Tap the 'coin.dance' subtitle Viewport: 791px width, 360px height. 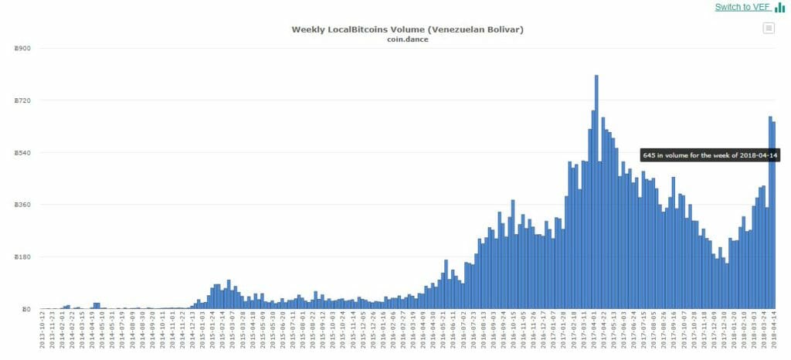tap(407, 39)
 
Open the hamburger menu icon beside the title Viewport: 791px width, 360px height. tap(768, 29)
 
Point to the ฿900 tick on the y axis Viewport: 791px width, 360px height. tap(22, 49)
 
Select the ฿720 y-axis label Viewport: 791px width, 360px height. tap(22, 100)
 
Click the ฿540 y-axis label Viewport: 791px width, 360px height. tap(22, 153)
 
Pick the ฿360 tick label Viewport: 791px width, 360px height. tap(22, 205)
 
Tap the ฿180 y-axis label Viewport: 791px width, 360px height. tap(22, 257)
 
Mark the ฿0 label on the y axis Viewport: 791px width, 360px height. tap(26, 309)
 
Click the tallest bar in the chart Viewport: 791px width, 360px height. tap(596, 193)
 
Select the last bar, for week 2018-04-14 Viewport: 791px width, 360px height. tap(773, 216)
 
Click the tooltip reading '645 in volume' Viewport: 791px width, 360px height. tap(711, 155)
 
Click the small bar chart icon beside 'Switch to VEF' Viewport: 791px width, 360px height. tap(780, 8)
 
